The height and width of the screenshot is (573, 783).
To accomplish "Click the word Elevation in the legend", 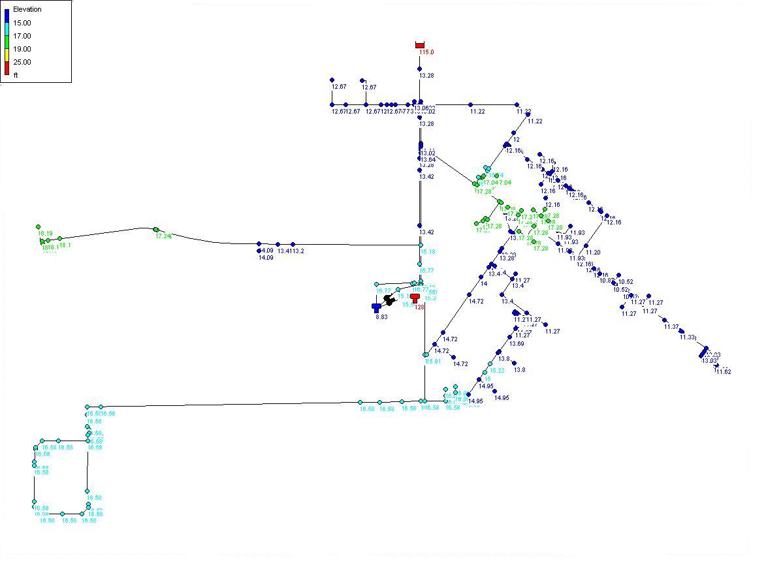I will [27, 9].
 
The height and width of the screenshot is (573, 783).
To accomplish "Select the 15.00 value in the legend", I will [22, 23].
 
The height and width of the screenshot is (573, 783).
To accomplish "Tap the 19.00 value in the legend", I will [22, 49].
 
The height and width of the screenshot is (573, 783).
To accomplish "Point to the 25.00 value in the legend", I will [22, 62].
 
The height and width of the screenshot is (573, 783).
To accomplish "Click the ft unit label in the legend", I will [16, 75].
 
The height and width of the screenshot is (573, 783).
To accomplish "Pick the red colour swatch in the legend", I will [7, 67].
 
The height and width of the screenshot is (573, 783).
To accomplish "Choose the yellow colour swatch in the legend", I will [7, 55].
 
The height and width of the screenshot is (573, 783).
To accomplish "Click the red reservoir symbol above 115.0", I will [420, 45].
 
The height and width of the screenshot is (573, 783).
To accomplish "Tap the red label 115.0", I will [426, 52].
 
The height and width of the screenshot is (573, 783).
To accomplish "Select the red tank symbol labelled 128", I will [415, 298].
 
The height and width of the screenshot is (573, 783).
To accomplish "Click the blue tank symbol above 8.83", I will [376, 307].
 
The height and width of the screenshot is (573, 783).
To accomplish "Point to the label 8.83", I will [381, 317].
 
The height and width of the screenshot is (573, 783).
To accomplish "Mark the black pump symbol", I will [389, 300].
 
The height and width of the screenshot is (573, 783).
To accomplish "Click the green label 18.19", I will [45, 233].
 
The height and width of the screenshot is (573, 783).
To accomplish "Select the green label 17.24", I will [163, 236].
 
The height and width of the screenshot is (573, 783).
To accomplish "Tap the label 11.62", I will [723, 372].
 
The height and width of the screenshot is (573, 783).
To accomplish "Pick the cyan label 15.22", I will [497, 371].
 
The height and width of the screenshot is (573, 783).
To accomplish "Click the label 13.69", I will [517, 344].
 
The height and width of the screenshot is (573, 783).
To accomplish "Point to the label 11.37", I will [671, 327].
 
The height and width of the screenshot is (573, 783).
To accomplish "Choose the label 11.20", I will [593, 253].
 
